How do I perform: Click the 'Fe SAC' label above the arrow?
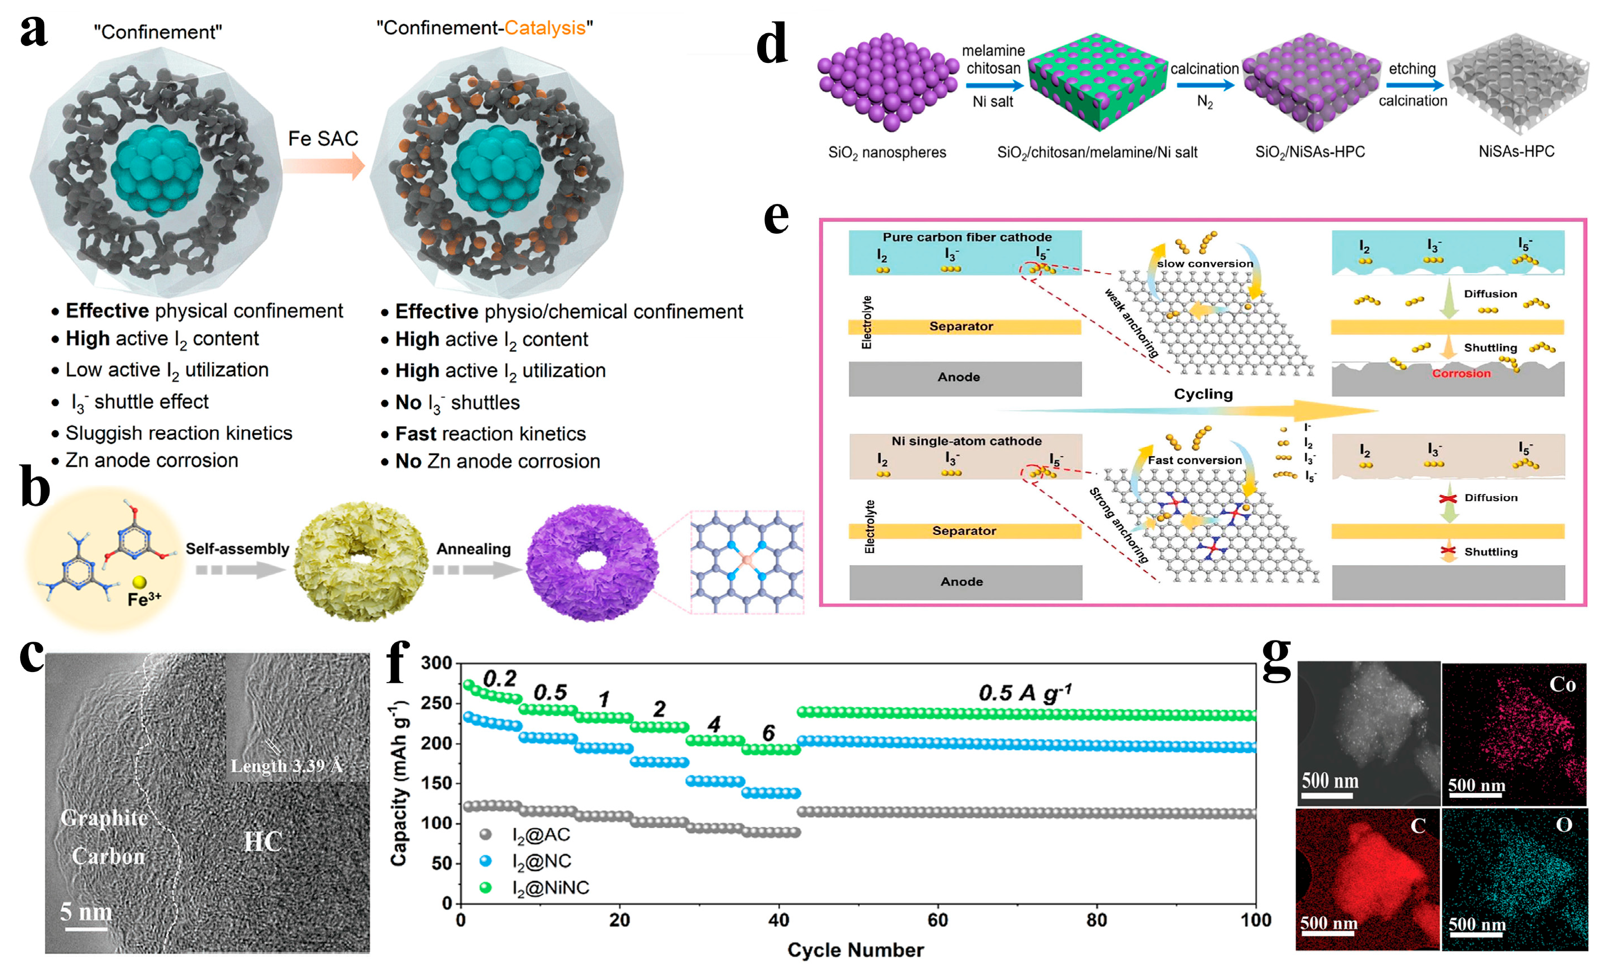[323, 139]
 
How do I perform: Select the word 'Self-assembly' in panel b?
[237, 548]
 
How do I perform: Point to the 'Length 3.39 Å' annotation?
[286, 765]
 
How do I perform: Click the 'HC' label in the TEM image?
[263, 841]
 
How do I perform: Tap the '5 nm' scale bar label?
[86, 911]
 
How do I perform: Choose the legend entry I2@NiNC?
[550, 888]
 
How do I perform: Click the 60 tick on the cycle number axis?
[937, 920]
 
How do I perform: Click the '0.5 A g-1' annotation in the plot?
[1024, 693]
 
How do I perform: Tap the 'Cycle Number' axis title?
[855, 950]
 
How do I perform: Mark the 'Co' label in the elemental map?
[1562, 684]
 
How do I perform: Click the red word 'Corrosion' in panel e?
[1460, 374]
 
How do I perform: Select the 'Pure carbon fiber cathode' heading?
[967, 238]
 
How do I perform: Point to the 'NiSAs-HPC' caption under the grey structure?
[1516, 152]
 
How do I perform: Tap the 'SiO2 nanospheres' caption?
[887, 152]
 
